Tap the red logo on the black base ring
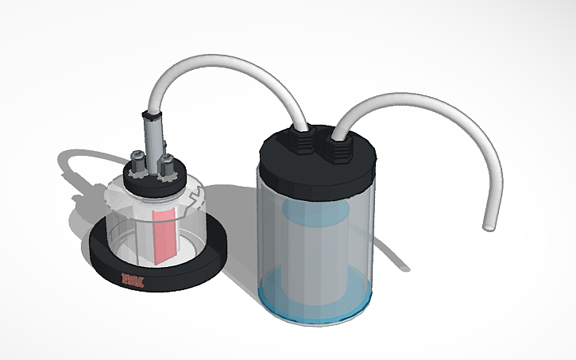(129, 280)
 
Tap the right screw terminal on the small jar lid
(168, 168)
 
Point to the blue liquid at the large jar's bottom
(318, 298)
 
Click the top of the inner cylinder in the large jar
(313, 211)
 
